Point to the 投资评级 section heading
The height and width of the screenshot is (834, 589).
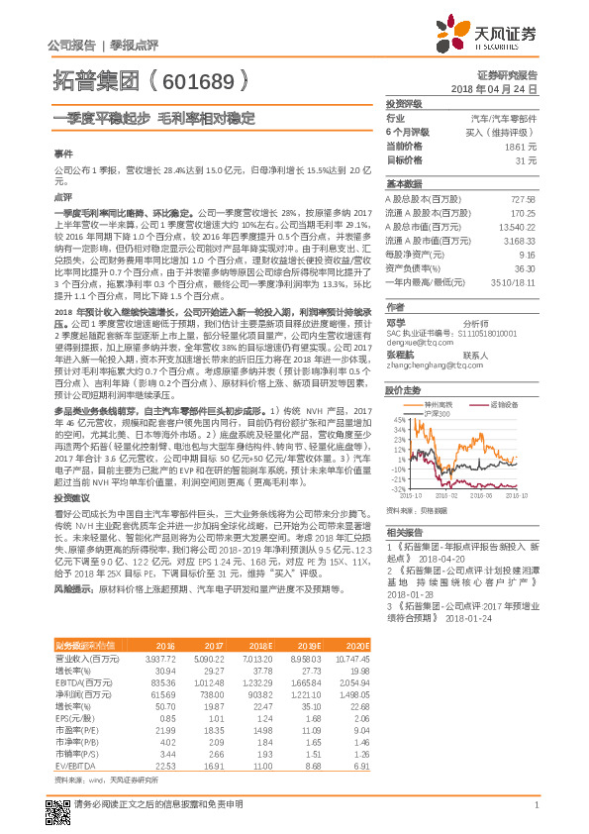point(404,103)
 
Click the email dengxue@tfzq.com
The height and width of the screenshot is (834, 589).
point(417,342)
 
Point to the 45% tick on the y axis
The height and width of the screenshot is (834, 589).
point(398,420)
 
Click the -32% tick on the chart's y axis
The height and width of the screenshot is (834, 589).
point(396,488)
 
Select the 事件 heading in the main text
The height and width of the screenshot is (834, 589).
point(62,156)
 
